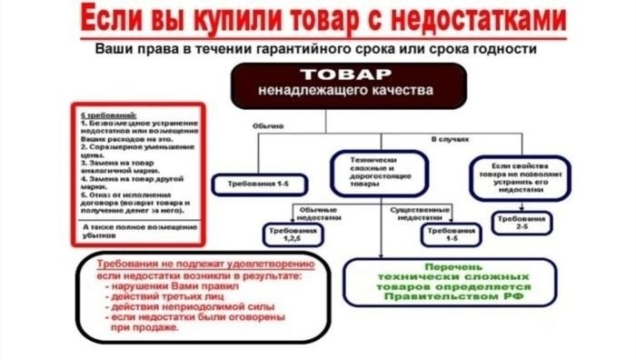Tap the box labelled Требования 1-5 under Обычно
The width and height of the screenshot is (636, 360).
click(x=253, y=185)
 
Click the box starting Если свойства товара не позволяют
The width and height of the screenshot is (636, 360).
click(x=519, y=176)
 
